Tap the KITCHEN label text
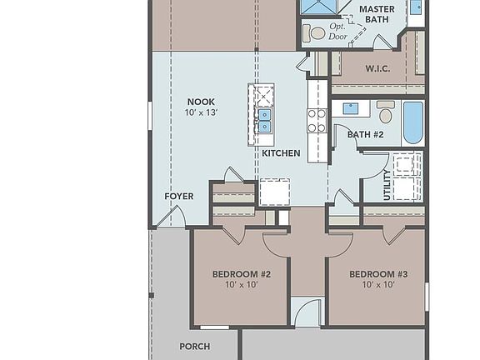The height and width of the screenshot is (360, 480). (281, 153)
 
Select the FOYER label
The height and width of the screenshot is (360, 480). (178, 197)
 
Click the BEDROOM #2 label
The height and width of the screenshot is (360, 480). (241, 274)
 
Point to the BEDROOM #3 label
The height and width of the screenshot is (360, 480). (378, 274)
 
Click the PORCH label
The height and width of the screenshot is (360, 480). (194, 347)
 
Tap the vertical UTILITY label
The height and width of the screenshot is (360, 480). (387, 186)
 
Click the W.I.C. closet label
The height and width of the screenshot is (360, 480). (379, 67)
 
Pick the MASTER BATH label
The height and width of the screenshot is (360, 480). (377, 14)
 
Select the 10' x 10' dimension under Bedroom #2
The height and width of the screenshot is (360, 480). (241, 285)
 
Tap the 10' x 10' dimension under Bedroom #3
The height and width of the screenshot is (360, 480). (378, 285)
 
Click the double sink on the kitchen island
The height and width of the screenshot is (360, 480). (264, 121)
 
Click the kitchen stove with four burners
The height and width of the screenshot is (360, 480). (317, 121)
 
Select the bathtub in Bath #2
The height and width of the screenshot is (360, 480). (412, 122)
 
